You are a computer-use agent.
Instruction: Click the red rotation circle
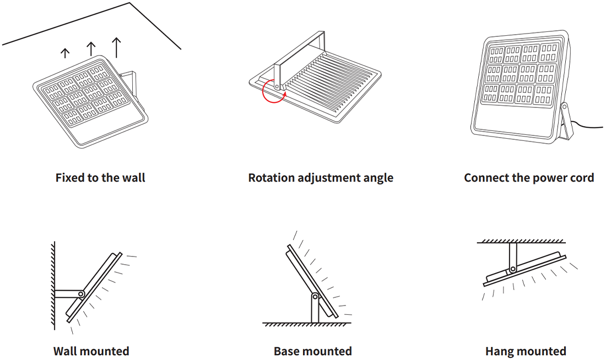(x=273, y=91)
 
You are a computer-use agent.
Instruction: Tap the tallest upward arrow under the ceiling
(x=116, y=47)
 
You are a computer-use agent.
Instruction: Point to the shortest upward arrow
(x=65, y=53)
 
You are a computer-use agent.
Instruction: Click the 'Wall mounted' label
(x=91, y=351)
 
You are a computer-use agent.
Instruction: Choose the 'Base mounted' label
(x=312, y=351)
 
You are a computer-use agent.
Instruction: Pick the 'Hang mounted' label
(x=526, y=351)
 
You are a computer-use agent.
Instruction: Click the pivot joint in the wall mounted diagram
(x=81, y=294)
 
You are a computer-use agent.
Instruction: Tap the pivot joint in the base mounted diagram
(x=315, y=297)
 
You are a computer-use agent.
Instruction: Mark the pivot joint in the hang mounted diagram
(x=513, y=269)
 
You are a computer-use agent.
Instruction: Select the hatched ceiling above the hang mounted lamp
(x=521, y=241)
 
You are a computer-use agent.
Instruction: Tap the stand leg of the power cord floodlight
(x=565, y=122)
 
